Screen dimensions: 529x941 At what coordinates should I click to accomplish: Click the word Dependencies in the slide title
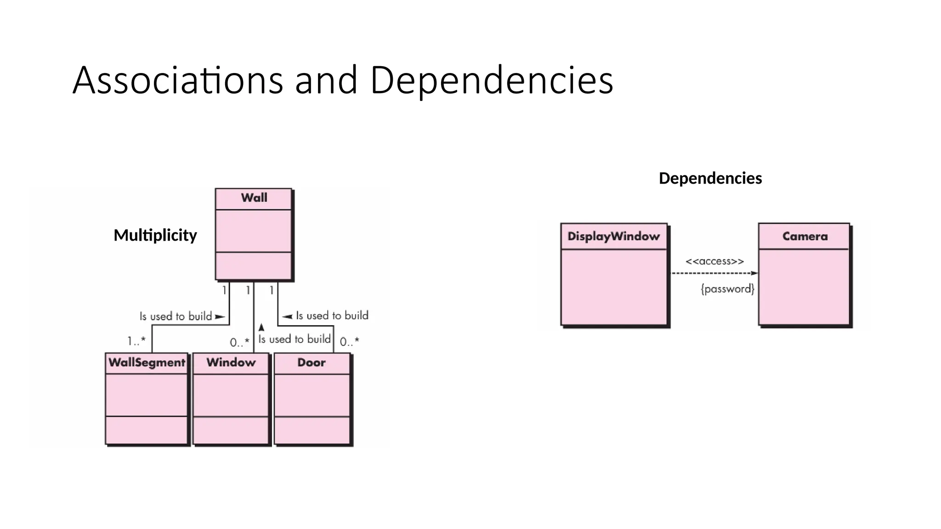[491, 80]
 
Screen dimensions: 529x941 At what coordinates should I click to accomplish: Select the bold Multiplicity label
[155, 235]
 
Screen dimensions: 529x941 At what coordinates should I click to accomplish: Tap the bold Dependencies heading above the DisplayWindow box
[710, 178]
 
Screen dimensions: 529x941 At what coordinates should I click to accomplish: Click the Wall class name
[254, 198]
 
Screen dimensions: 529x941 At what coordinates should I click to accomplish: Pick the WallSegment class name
[147, 362]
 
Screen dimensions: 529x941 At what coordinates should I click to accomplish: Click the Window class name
[231, 362]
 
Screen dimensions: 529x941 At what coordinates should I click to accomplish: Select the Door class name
[311, 362]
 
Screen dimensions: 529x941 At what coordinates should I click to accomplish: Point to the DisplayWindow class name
[613, 236]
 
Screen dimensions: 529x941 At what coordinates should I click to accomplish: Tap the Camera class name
[805, 236]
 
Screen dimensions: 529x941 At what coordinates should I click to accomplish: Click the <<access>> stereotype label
[714, 261]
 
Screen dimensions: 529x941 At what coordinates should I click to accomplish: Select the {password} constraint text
[727, 289]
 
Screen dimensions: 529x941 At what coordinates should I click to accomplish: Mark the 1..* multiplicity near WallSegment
[136, 341]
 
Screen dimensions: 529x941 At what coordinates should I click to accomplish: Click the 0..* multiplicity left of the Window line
[239, 343]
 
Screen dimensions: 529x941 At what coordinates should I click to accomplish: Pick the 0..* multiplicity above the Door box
[349, 342]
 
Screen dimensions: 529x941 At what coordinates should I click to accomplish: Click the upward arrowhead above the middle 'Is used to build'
[261, 327]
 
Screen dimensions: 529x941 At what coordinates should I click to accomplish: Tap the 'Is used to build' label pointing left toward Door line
[332, 315]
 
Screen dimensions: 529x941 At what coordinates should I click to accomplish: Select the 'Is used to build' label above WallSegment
[176, 316]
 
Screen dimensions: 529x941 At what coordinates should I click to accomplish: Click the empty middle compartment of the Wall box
[253, 231]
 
